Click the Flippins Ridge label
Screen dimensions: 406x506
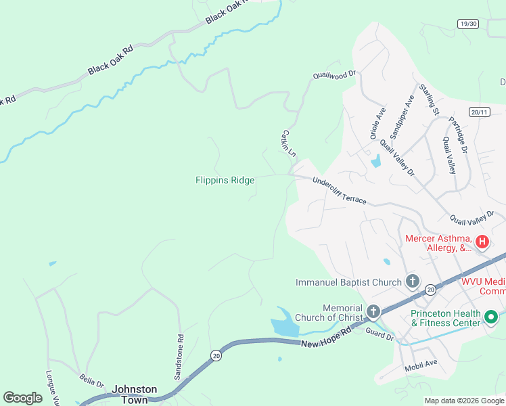[225, 180]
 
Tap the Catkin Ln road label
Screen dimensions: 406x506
[288, 143]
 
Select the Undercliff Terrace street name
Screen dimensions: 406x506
[339, 191]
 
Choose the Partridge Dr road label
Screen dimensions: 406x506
[458, 135]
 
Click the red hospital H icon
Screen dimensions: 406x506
[482, 242]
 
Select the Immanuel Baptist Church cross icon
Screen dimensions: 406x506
[412, 281]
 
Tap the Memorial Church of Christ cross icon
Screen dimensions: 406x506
[373, 312]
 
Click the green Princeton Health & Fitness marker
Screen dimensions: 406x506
[492, 317]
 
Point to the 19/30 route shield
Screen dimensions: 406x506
[467, 24]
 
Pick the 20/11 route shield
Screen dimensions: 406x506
[478, 112]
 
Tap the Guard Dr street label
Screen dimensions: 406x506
[379, 334]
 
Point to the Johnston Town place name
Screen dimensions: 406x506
[134, 394]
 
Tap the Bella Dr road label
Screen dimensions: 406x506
[91, 380]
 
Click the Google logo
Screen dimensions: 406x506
[22, 398]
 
